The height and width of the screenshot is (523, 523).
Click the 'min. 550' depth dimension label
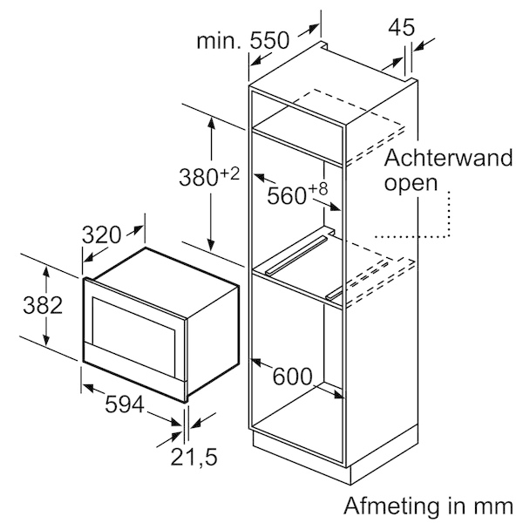point(242,41)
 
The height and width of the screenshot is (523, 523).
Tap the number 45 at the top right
point(402,27)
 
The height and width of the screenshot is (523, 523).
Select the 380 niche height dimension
point(199,177)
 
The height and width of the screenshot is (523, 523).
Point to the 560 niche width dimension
point(287,195)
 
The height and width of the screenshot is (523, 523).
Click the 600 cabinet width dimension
point(293,377)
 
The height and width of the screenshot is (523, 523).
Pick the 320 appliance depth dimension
point(101,234)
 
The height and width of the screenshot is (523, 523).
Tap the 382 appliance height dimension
point(43,305)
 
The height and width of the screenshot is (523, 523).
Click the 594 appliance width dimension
point(125,404)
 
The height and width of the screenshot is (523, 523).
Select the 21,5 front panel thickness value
point(194,457)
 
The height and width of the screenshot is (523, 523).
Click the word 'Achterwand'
point(448,158)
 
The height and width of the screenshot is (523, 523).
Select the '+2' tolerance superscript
point(230,173)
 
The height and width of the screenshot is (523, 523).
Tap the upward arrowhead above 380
point(211,123)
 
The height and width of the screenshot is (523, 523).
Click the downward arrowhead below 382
point(46,340)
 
